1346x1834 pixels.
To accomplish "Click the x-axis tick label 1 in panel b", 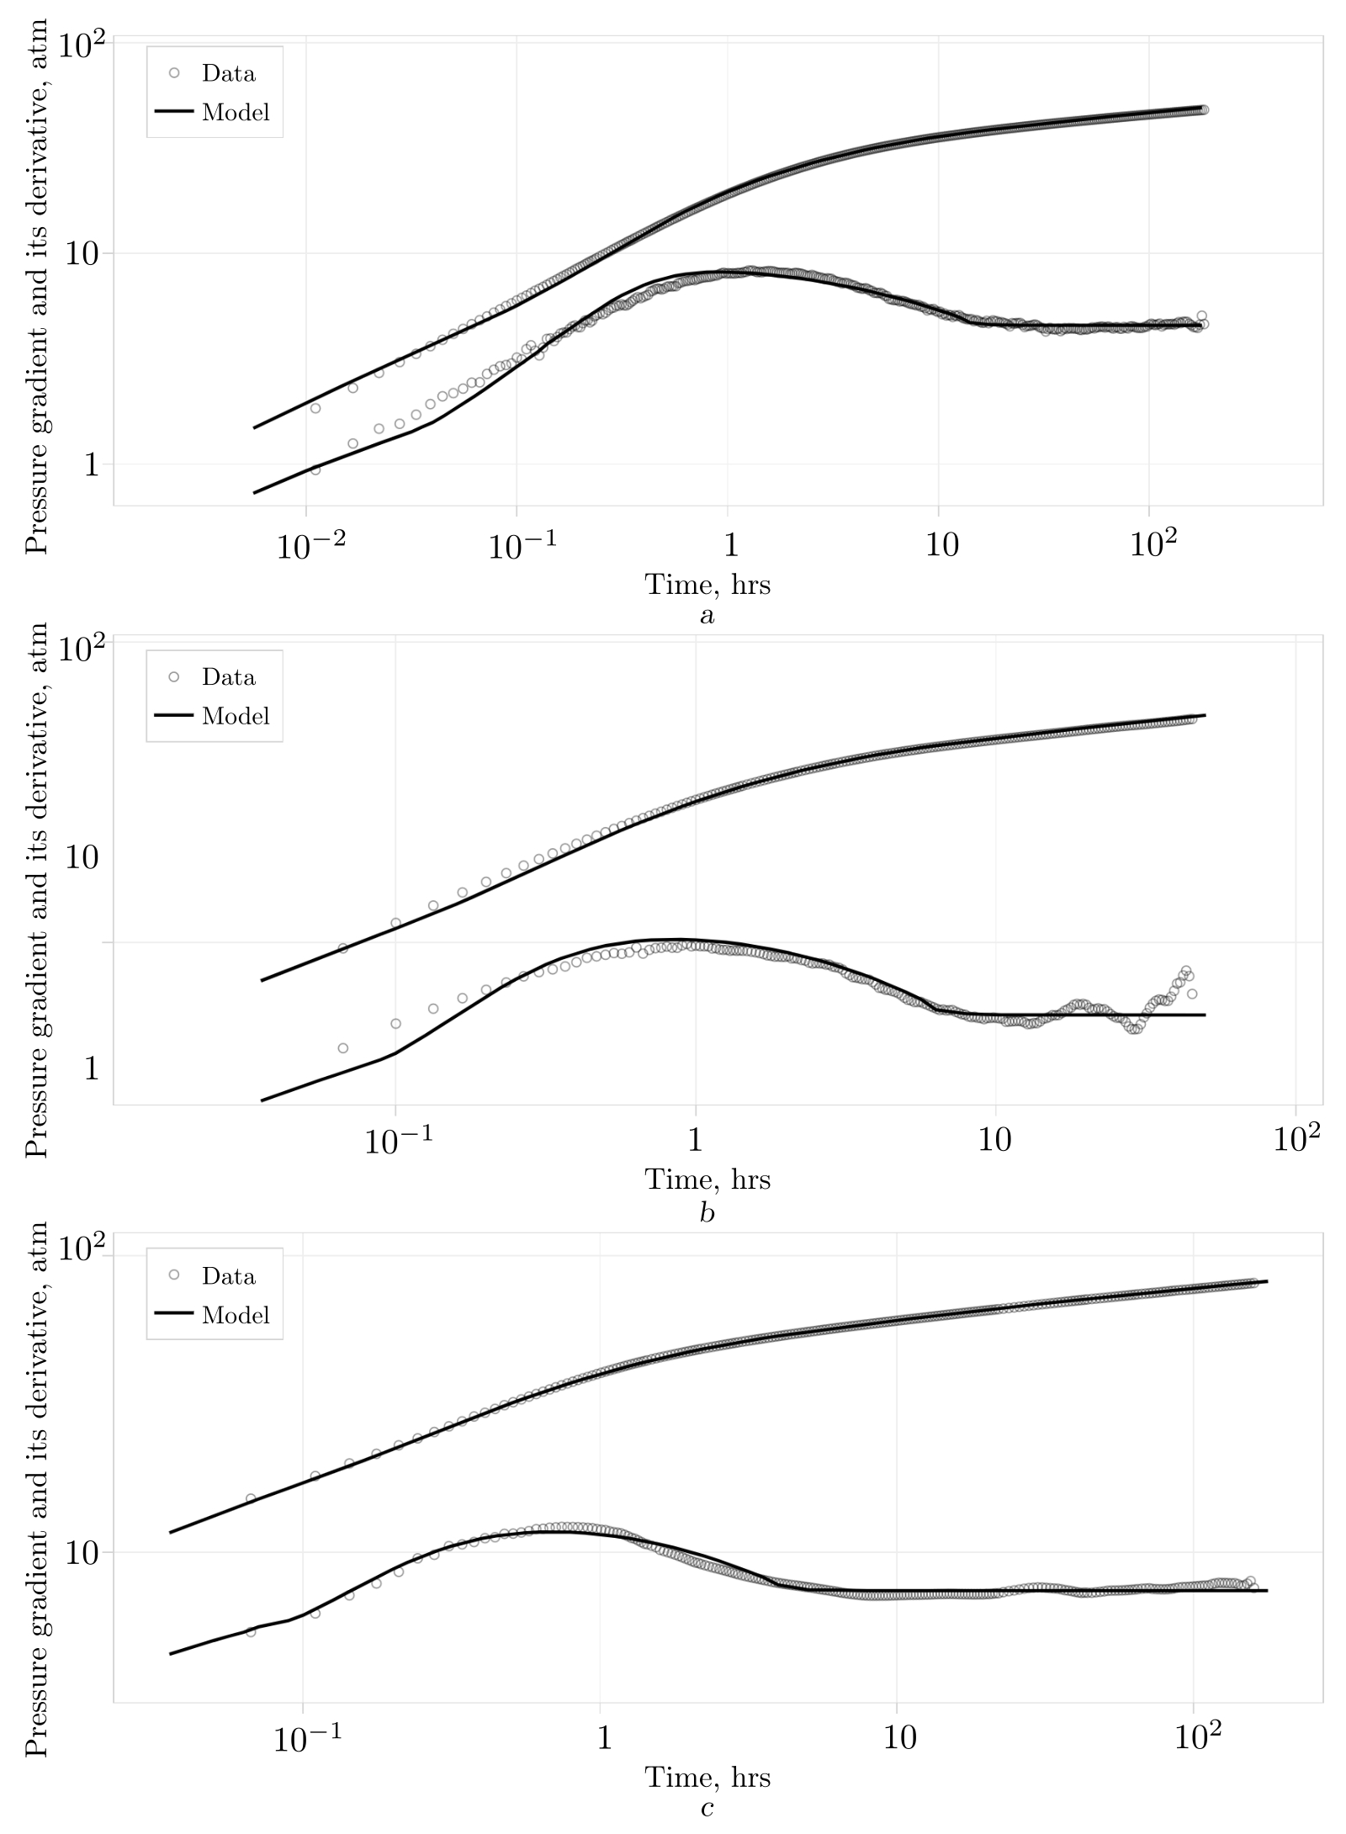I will pyautogui.click(x=695, y=1141).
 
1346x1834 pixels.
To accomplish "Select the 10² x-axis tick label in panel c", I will pyautogui.click(x=1196, y=1738).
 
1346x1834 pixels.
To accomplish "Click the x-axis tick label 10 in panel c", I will pyautogui.click(x=899, y=1738).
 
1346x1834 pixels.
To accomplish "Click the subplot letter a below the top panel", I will pyautogui.click(x=707, y=616).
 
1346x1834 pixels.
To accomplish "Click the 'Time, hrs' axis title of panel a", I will pyautogui.click(x=707, y=584).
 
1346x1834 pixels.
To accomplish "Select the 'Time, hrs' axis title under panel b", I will pyautogui.click(x=707, y=1179).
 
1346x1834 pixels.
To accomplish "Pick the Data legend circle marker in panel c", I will pyautogui.click(x=174, y=1275).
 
